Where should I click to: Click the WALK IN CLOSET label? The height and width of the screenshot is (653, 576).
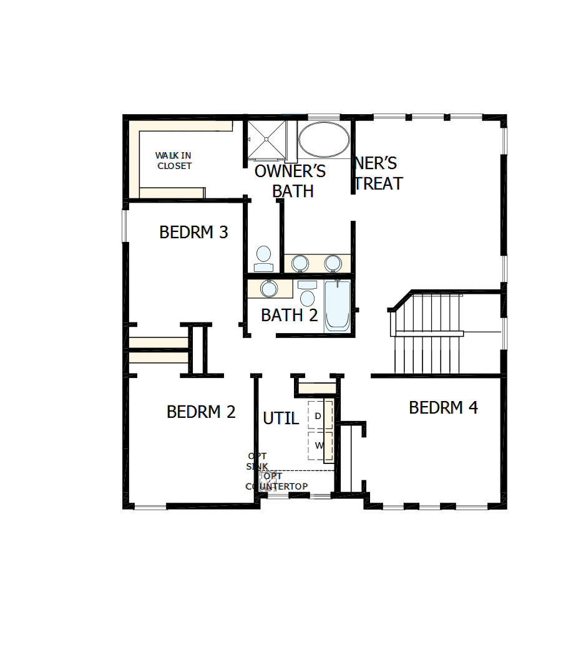(x=173, y=160)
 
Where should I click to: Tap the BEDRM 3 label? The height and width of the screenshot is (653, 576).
(x=193, y=233)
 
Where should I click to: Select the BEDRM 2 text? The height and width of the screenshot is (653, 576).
(x=201, y=412)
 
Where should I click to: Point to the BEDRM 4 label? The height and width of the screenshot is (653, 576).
(x=443, y=408)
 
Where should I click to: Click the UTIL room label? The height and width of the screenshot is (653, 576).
(x=281, y=418)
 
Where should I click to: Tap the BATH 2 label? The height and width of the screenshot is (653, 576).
(x=289, y=316)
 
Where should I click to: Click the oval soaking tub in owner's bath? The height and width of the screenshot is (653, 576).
(x=323, y=140)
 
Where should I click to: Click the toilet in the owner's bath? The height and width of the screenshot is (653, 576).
(x=263, y=258)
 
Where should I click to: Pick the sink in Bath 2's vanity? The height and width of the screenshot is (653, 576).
(x=269, y=288)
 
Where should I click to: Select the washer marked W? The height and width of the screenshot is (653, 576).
(x=318, y=445)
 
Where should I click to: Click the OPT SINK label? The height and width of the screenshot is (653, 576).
(x=257, y=462)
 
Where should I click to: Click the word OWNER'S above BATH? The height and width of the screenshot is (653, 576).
(x=290, y=172)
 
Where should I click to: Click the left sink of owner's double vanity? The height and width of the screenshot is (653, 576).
(x=300, y=263)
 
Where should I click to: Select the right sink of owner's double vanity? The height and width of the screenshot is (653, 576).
(x=333, y=263)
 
